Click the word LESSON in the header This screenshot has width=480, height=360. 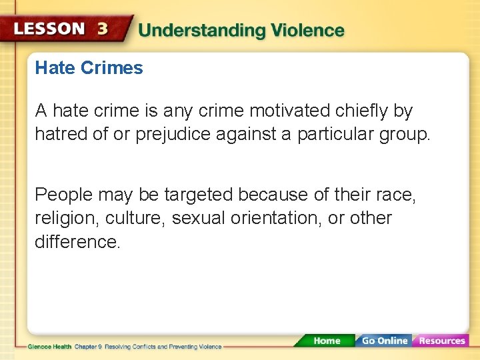(x=49, y=29)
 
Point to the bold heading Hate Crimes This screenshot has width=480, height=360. (x=89, y=68)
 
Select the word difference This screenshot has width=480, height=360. (x=77, y=241)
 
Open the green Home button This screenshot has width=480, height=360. (x=326, y=341)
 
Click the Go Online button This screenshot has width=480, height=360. (x=383, y=341)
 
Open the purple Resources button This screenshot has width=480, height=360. (x=441, y=341)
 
